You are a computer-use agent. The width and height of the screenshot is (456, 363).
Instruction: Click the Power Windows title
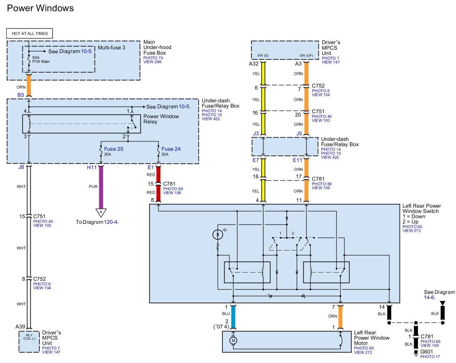(x=40, y=8)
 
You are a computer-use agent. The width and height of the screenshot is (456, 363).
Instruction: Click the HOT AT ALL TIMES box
(x=30, y=33)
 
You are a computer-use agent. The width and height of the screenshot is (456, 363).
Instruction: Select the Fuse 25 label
(x=113, y=149)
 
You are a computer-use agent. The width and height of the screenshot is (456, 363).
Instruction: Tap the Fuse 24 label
(x=171, y=149)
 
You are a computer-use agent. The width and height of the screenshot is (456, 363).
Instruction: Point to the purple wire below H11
(x=101, y=187)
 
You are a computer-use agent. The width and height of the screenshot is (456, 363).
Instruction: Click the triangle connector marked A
(x=101, y=213)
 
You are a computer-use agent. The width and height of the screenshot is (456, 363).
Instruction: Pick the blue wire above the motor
(x=233, y=317)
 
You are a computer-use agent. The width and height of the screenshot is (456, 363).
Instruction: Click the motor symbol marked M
(x=233, y=341)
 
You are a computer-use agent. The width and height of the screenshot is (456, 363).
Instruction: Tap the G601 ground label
(x=426, y=351)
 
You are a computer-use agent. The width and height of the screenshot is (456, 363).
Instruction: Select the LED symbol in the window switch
(x=217, y=235)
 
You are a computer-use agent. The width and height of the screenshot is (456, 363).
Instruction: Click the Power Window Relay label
(x=161, y=119)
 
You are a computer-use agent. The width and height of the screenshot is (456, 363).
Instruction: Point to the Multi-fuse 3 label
(x=111, y=48)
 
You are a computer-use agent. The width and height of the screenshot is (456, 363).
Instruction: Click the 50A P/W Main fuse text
(x=41, y=59)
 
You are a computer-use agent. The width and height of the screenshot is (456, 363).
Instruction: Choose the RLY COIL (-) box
(x=29, y=337)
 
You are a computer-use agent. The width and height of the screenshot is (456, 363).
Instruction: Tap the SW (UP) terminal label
(x=306, y=55)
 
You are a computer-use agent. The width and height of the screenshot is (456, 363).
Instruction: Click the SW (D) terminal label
(x=263, y=55)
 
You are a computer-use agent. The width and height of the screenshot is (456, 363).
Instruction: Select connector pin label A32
(x=254, y=64)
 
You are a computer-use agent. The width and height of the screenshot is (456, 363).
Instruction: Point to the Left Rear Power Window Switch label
(x=421, y=209)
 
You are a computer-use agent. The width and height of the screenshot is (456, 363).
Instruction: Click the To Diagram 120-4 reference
(x=97, y=222)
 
